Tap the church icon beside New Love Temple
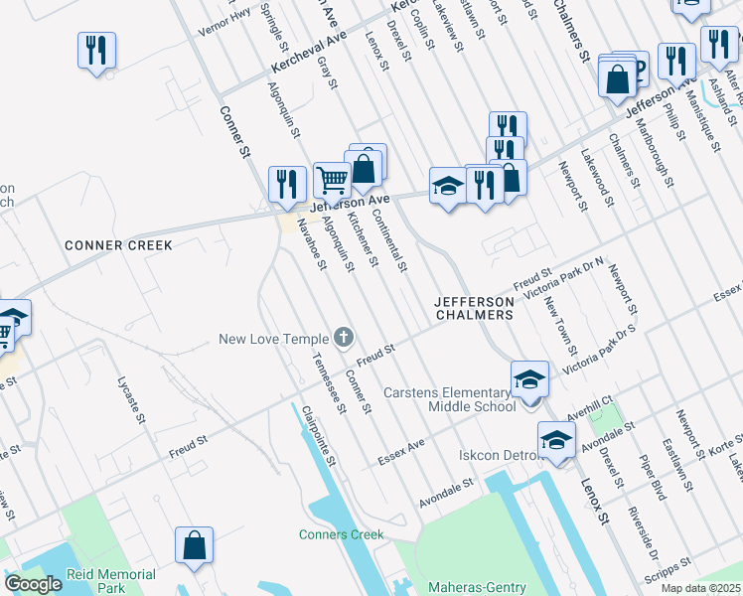pyautogui.click(x=344, y=339)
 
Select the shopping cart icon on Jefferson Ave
pyautogui.click(x=332, y=180)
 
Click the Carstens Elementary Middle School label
pyautogui.click(x=446, y=398)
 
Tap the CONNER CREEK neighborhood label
pyautogui.click(x=118, y=245)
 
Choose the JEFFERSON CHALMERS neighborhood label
pyautogui.click(x=474, y=307)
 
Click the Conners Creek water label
pyautogui.click(x=342, y=534)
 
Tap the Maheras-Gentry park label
pyautogui.click(x=477, y=588)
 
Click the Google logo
pyautogui.click(x=33, y=584)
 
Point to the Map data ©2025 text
pyautogui.click(x=700, y=588)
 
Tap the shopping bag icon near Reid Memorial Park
pyautogui.click(x=194, y=545)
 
